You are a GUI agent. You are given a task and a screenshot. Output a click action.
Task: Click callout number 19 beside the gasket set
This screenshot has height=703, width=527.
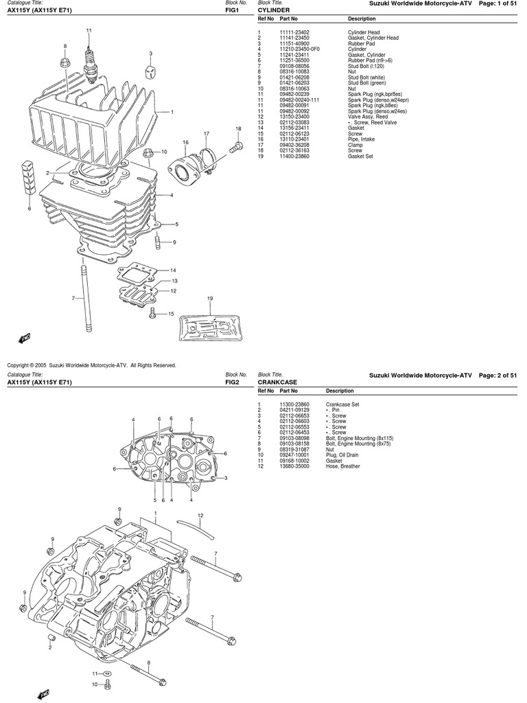coord(210,298)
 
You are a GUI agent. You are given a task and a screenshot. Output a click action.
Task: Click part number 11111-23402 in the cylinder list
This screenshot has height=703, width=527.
coord(294,32)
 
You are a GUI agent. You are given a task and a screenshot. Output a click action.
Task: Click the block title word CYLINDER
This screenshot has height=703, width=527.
coord(274,11)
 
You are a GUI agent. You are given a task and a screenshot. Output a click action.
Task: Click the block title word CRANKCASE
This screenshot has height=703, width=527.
coord(277,382)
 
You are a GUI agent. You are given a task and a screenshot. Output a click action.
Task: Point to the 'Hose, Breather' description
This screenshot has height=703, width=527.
coord(342,466)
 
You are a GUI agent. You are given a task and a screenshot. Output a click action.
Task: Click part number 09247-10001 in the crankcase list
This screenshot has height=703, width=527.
coord(294,455)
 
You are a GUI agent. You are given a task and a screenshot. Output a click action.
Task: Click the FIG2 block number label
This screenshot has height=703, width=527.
coord(232,382)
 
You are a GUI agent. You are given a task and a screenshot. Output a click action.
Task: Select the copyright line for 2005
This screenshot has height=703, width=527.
coord(91,365)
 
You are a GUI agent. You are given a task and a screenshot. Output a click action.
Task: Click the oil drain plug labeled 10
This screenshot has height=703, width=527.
coord(108,684)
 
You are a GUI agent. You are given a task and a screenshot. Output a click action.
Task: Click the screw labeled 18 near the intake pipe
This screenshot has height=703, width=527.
coord(235,145)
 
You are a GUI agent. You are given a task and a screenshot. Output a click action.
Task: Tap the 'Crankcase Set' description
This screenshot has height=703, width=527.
coord(342,404)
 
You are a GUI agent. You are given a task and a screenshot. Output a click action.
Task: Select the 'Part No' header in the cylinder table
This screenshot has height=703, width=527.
coord(288,19)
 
